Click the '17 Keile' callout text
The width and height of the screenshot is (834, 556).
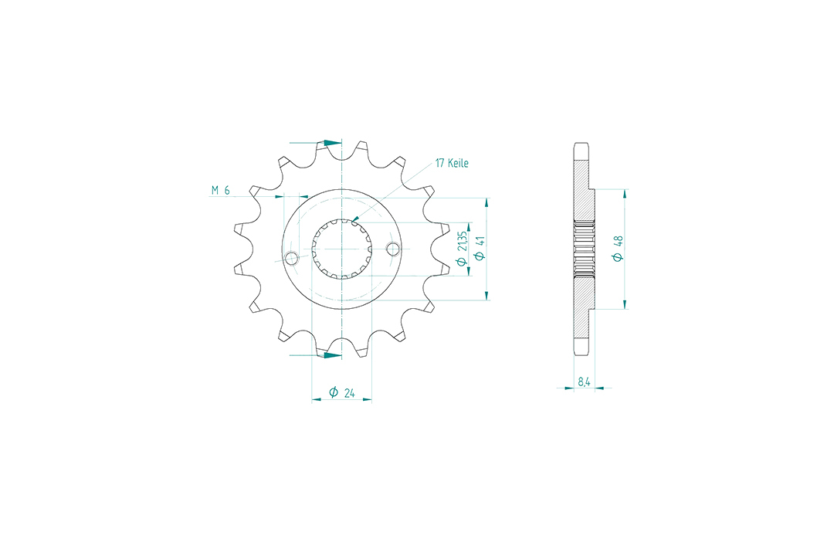coord(452,163)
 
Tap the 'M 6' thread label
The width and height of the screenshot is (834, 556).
coord(220,190)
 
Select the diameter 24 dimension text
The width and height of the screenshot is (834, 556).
coord(342,392)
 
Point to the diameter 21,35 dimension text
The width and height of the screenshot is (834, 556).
coord(462,248)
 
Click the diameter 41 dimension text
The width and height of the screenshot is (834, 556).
coord(480,249)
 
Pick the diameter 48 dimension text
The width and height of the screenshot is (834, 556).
coord(618,249)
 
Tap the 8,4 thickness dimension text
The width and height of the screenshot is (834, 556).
coord(584,381)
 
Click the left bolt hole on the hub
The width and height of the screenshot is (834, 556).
coord(291,259)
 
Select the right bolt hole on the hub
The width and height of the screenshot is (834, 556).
coord(392,249)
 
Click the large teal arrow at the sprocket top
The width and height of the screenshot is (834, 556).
coord(332,143)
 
